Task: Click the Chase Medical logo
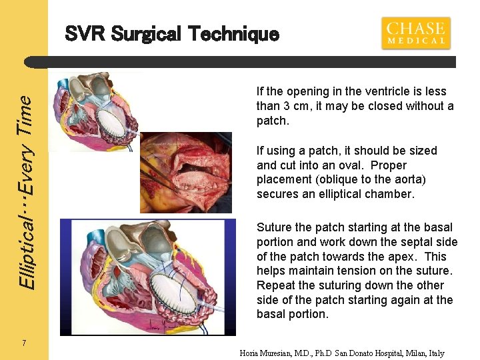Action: pyautogui.click(x=416, y=33)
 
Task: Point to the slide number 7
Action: pyautogui.click(x=24, y=343)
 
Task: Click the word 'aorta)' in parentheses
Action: pyautogui.click(x=409, y=179)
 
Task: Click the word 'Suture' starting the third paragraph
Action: pyautogui.click(x=274, y=227)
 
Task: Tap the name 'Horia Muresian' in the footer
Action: pyautogui.click(x=271, y=353)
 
